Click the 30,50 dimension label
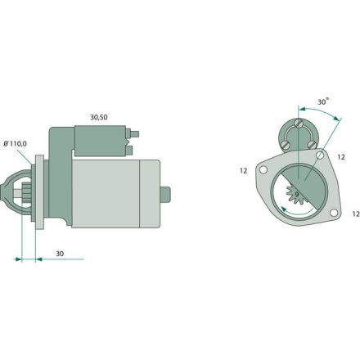98,117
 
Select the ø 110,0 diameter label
15,143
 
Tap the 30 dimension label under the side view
60,254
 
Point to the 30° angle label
323,101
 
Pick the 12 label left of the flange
243,170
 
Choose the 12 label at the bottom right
354,213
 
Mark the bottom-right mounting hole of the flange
333,214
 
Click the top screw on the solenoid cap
299,124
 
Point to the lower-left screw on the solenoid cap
286,144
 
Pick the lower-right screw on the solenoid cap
313,144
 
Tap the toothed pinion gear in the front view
293,199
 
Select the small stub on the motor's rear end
166,194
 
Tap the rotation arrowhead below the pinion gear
283,211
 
